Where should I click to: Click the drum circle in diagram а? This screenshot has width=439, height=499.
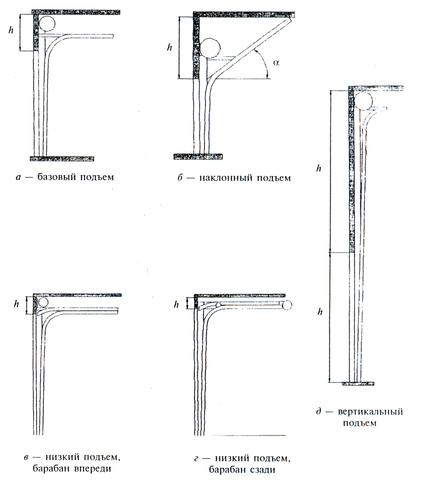click(47, 23)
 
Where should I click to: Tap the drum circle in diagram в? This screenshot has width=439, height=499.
click(43, 302)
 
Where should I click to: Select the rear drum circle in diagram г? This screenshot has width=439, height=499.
click(288, 305)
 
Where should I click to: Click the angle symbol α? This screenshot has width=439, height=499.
click(275, 62)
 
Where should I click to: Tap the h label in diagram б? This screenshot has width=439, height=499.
click(169, 47)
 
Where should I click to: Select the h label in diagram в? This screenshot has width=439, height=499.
click(16, 304)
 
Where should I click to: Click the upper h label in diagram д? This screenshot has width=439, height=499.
click(318, 168)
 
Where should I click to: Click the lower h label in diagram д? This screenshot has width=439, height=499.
click(319, 312)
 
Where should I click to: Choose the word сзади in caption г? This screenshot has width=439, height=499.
click(263, 469)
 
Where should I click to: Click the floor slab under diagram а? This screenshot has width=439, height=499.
click(62, 158)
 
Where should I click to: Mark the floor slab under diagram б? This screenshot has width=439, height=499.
click(198, 156)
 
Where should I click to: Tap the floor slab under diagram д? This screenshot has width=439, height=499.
click(358, 384)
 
